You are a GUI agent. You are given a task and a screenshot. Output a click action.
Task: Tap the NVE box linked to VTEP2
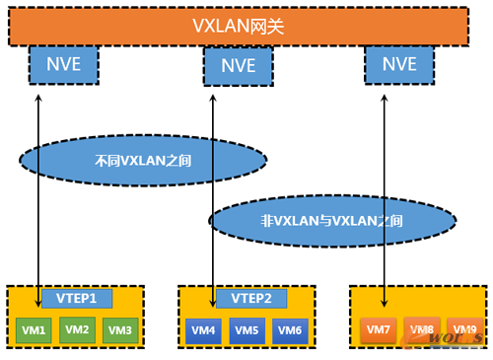point(236,66)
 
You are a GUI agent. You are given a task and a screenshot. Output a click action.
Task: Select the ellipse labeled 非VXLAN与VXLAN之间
point(332,219)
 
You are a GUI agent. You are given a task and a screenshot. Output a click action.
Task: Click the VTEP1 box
point(77,298)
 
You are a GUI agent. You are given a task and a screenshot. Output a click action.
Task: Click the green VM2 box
point(77,328)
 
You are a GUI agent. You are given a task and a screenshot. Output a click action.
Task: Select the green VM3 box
point(119,329)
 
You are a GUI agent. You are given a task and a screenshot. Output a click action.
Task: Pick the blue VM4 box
point(204,329)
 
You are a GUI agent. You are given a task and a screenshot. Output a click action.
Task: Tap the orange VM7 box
point(379,329)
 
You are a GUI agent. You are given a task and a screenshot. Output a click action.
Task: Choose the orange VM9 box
point(462,329)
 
